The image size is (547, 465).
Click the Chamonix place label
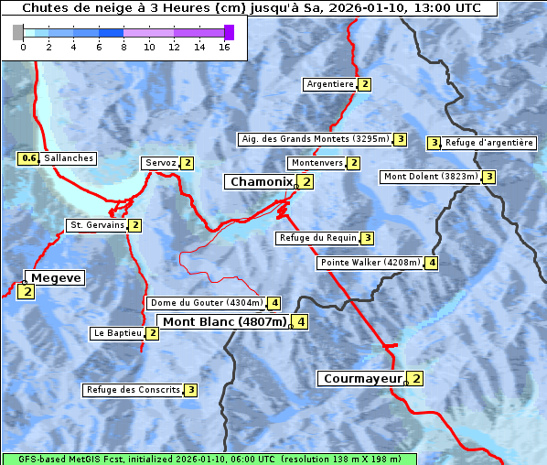pyautogui.click(x=261, y=182)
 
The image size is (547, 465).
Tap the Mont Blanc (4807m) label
pyautogui.click(x=224, y=321)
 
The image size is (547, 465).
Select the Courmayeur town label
pyautogui.click(x=363, y=378)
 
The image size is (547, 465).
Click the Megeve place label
pyautogui.click(x=56, y=278)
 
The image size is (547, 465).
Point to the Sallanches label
pyautogui.click(x=68, y=158)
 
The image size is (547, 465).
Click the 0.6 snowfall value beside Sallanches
pyautogui.click(x=28, y=158)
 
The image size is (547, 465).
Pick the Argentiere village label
pyautogui.click(x=330, y=84)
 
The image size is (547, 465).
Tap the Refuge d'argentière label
pyautogui.click(x=488, y=143)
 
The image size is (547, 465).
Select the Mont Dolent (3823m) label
pyautogui.click(x=431, y=177)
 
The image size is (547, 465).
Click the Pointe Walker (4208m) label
pyautogui.click(x=370, y=263)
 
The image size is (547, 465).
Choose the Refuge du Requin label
pyautogui.click(x=317, y=238)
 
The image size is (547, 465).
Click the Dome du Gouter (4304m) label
pyautogui.click(x=207, y=303)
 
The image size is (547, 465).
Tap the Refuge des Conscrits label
pyautogui.click(x=134, y=390)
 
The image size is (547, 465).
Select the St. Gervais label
pyautogui.click(x=97, y=225)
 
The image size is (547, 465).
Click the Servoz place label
pyautogui.click(x=160, y=163)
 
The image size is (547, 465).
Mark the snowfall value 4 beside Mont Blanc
pyautogui.click(x=300, y=321)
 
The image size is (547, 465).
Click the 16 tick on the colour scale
pyautogui.click(x=224, y=46)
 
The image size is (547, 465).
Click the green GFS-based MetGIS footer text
pyautogui.click(x=209, y=459)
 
